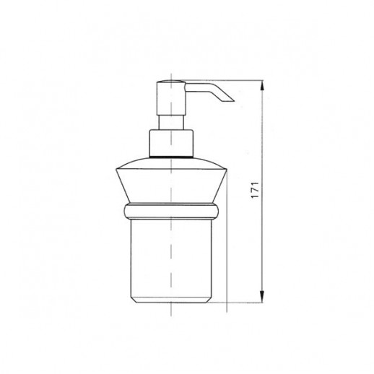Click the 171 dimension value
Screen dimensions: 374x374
click(255, 190)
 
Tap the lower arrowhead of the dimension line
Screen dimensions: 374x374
click(262, 297)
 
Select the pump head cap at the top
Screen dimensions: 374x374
click(171, 98)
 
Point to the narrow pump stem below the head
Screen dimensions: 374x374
click(171, 123)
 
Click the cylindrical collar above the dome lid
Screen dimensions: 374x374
click(171, 143)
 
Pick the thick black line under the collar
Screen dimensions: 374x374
click(171, 157)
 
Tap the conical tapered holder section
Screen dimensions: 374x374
click(171, 186)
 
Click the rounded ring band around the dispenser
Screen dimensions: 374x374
click(171, 211)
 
